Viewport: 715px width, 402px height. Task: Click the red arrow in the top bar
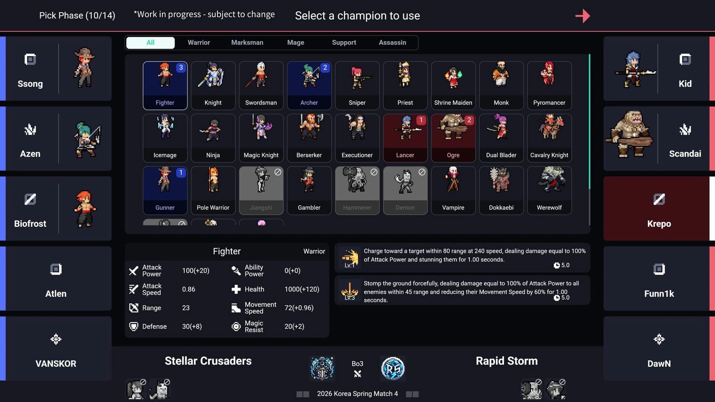(x=582, y=16)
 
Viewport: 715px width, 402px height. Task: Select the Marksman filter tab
(x=247, y=42)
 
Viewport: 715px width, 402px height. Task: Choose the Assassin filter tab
(x=392, y=42)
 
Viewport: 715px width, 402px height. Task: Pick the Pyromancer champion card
(x=549, y=85)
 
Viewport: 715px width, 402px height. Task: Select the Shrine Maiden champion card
(x=453, y=85)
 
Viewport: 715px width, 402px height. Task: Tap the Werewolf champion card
(x=549, y=190)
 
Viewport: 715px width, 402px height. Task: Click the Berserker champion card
(x=309, y=138)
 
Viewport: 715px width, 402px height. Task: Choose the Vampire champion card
(x=453, y=190)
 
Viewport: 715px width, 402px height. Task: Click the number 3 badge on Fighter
(x=181, y=67)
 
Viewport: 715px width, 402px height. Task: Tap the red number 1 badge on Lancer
(x=421, y=120)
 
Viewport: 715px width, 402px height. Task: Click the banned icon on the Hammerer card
(x=374, y=172)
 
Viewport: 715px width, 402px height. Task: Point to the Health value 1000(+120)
(x=302, y=289)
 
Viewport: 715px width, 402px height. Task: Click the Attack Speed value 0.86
(x=188, y=289)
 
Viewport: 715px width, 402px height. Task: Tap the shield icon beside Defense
(x=133, y=326)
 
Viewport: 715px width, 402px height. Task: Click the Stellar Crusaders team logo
(x=322, y=368)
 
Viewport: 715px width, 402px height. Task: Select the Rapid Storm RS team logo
(x=393, y=368)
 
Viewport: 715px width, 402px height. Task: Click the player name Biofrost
(x=30, y=224)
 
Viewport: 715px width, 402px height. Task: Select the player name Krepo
(x=659, y=224)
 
